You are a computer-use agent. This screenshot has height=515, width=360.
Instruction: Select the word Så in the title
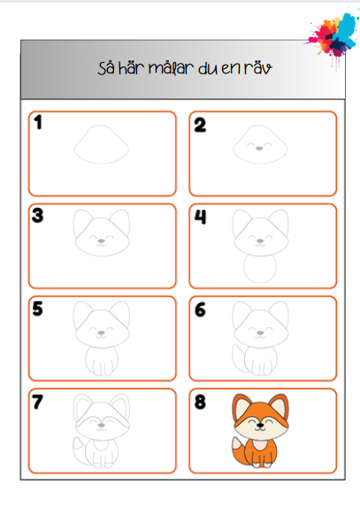[106, 67]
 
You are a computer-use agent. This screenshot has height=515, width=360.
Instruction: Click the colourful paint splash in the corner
[332, 36]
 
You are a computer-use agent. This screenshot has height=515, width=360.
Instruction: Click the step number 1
[38, 122]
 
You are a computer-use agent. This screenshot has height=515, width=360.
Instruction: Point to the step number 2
[200, 125]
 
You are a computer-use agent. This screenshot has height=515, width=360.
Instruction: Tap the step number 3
[38, 216]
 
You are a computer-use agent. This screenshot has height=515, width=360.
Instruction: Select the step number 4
[200, 217]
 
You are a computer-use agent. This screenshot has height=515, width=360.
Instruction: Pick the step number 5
[38, 309]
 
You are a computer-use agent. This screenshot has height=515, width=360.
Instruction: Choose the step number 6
[200, 310]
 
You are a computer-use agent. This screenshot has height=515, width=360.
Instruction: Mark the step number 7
[37, 402]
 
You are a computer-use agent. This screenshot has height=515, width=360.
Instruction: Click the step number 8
[200, 402]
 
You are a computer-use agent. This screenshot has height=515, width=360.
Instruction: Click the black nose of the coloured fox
[261, 426]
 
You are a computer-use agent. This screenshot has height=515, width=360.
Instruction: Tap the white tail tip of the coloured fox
[236, 443]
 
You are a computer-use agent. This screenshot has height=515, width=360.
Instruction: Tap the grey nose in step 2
[259, 149]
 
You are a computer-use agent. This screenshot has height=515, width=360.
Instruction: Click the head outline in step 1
[73, 149]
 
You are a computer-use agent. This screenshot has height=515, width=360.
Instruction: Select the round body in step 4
[244, 268]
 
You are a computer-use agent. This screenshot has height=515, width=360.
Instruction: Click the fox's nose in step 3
[102, 241]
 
